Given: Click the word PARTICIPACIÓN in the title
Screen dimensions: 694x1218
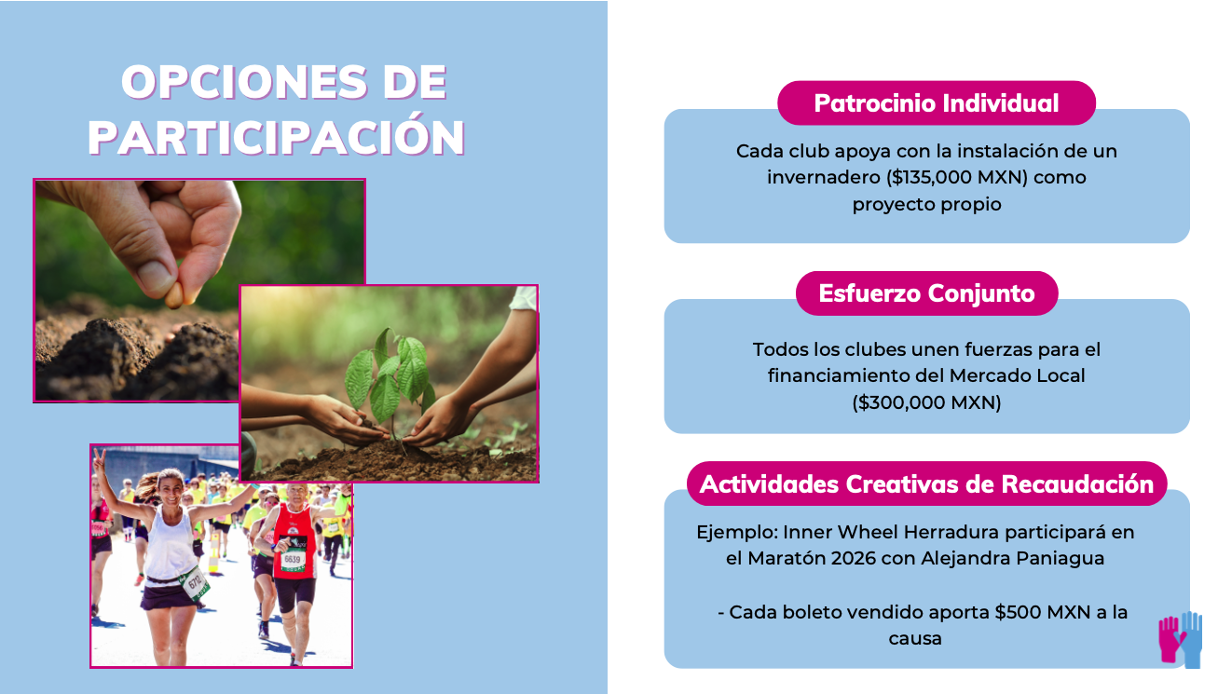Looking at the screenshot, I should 277,137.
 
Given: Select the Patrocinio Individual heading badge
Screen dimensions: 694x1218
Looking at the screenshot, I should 936,102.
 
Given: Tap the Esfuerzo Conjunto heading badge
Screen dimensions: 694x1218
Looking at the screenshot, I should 926,293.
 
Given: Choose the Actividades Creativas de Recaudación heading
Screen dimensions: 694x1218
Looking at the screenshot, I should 926,484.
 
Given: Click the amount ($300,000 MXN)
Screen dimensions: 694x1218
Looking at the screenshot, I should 926,403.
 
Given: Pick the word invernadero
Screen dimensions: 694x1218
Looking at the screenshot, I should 821,177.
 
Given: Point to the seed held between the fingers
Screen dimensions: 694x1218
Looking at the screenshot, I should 173,294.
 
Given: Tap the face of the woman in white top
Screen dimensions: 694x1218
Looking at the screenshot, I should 171,487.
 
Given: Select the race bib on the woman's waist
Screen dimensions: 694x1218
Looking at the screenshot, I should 196,582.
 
